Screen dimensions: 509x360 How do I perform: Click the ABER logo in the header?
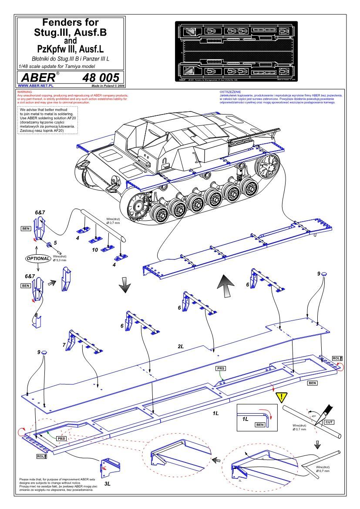36,78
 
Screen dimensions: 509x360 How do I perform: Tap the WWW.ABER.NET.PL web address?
33,87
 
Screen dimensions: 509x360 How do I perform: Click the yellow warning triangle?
282,397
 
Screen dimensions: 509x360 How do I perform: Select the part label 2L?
181,346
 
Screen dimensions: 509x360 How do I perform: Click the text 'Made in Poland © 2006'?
107,87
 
